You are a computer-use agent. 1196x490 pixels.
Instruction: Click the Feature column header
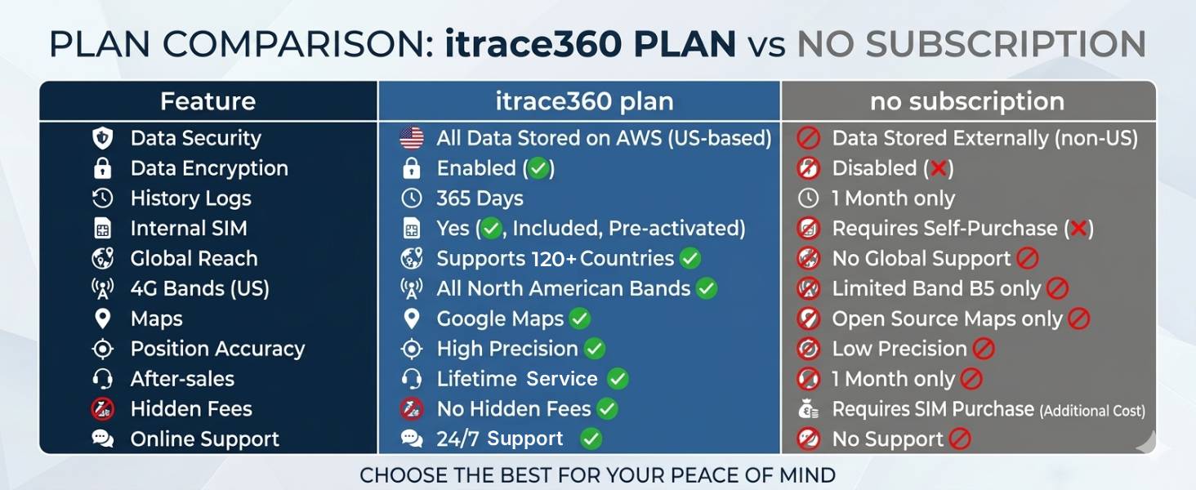(208, 101)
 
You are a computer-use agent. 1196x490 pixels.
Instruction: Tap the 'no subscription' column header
(967, 101)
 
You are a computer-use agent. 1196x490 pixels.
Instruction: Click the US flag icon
(412, 138)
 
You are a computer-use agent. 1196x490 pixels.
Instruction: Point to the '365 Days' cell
(480, 198)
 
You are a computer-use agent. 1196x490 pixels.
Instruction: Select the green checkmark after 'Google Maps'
(580, 318)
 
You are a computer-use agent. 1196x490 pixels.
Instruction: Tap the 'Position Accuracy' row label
(217, 349)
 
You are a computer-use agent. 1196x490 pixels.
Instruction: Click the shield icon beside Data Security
(102, 138)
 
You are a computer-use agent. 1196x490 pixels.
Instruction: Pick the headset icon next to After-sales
(102, 379)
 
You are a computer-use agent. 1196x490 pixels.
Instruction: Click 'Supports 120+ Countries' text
(555, 259)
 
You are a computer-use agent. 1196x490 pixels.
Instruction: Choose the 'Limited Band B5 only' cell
(936, 289)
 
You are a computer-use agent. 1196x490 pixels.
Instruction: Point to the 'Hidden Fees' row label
(191, 409)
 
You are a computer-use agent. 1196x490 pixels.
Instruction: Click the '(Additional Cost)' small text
(1092, 411)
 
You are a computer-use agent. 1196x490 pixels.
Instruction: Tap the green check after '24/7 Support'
(591, 439)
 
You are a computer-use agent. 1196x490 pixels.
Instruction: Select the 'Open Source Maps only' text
(947, 319)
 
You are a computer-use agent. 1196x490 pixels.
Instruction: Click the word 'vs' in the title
(765, 45)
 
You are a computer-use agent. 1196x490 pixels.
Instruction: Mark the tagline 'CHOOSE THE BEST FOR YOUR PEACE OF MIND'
(597, 474)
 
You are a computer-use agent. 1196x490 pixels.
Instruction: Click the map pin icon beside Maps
(102, 318)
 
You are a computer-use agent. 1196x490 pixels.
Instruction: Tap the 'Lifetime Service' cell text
(516, 379)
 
